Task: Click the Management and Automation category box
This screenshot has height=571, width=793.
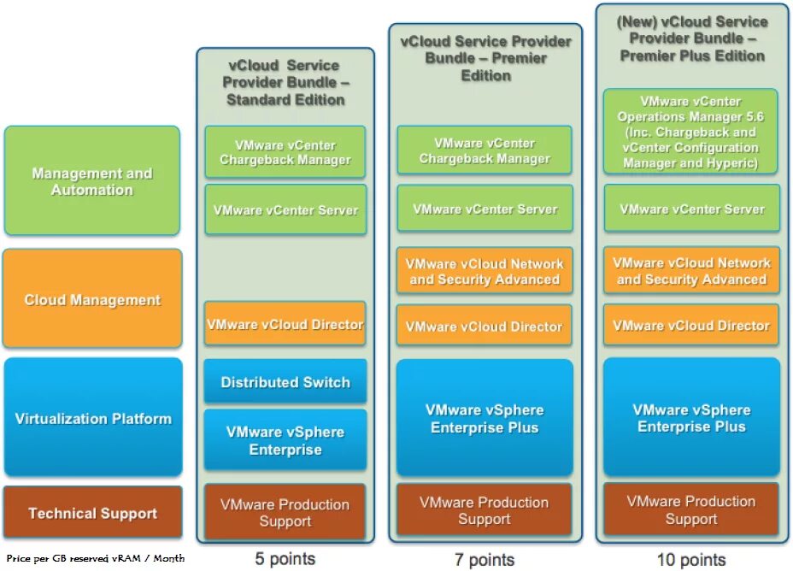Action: (x=92, y=181)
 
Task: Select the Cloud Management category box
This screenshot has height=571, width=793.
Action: (x=92, y=299)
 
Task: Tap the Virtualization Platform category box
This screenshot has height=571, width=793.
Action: (x=93, y=418)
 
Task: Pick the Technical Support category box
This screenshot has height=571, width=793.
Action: (x=93, y=513)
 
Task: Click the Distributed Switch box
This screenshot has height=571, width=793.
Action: (x=285, y=382)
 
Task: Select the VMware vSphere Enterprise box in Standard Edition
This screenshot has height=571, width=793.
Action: (x=285, y=441)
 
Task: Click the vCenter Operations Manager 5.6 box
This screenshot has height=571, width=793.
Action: (x=690, y=132)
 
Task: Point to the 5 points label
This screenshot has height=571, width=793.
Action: (x=285, y=559)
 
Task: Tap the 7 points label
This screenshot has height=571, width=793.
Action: (x=485, y=560)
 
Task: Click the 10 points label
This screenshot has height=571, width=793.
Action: (x=691, y=560)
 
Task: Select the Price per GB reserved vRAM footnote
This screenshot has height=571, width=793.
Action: (x=95, y=558)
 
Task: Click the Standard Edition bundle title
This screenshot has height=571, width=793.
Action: (x=285, y=82)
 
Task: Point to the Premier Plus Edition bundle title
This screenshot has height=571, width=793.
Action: (x=691, y=38)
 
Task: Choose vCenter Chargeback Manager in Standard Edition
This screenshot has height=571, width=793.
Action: (x=285, y=152)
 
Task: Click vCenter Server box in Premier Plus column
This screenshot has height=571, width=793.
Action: (x=691, y=209)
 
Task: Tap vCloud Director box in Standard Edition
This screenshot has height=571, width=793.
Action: (x=285, y=325)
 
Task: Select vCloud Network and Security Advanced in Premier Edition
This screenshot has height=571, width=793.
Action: (x=485, y=272)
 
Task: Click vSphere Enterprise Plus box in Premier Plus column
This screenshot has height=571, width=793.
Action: (x=691, y=418)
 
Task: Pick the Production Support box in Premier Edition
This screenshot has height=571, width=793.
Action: (x=485, y=510)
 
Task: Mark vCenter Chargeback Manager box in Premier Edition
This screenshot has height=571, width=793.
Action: (x=485, y=150)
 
